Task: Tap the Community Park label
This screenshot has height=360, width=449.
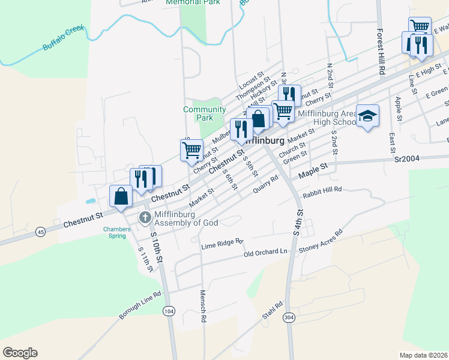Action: click(x=205, y=113)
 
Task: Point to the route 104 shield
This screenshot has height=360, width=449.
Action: click(x=169, y=310)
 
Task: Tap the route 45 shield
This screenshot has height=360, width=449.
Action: click(x=40, y=231)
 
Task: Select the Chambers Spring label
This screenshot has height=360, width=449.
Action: click(x=116, y=232)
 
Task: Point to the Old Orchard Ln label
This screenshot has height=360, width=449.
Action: click(x=266, y=253)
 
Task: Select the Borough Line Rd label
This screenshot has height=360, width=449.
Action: click(x=140, y=305)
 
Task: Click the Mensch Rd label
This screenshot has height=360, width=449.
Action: click(x=203, y=307)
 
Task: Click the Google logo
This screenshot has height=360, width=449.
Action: click(x=20, y=353)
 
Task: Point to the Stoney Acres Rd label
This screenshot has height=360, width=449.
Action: click(x=321, y=240)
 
